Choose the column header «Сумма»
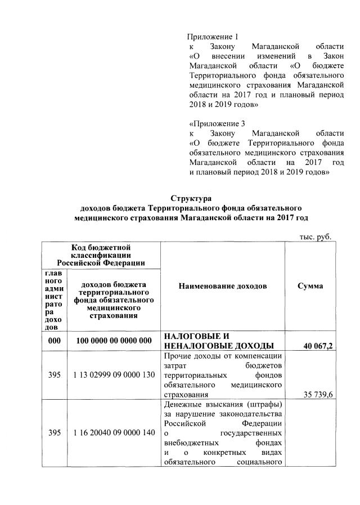click(x=310, y=286)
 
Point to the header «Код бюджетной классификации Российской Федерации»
click(x=101, y=254)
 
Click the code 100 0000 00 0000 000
click(x=114, y=341)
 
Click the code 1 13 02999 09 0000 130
click(x=114, y=375)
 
